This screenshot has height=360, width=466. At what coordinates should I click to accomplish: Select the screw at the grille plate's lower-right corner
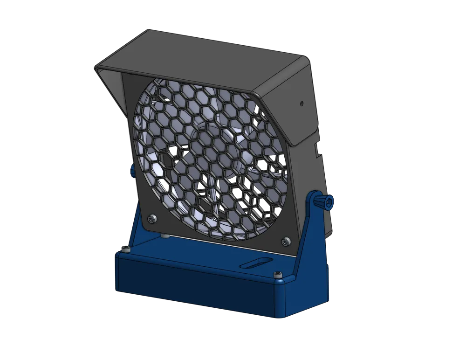pyautogui.click(x=285, y=241)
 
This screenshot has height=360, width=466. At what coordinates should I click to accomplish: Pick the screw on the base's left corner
pyautogui.click(x=125, y=250)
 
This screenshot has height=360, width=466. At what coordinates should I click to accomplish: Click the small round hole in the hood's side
pyautogui.click(x=302, y=102)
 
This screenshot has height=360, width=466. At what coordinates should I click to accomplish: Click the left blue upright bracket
pyautogui.click(x=140, y=228)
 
